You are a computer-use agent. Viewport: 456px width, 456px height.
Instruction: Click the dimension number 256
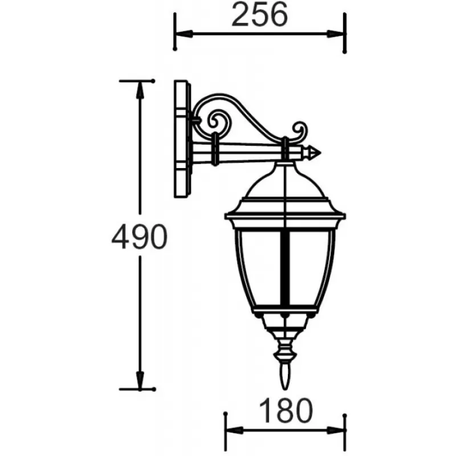point(259,15)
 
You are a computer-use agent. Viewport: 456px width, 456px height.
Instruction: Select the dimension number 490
point(140,236)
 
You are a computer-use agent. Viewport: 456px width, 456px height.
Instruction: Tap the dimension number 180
point(286,410)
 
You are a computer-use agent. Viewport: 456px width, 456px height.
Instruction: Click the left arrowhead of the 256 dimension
point(184,34)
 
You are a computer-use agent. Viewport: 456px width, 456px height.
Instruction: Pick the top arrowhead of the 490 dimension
point(140,89)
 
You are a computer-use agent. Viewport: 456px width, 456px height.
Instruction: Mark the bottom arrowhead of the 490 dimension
point(140,380)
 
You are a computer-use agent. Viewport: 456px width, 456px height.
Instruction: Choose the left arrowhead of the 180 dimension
point(234,430)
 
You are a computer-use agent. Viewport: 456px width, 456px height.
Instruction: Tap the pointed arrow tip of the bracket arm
point(315,153)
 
